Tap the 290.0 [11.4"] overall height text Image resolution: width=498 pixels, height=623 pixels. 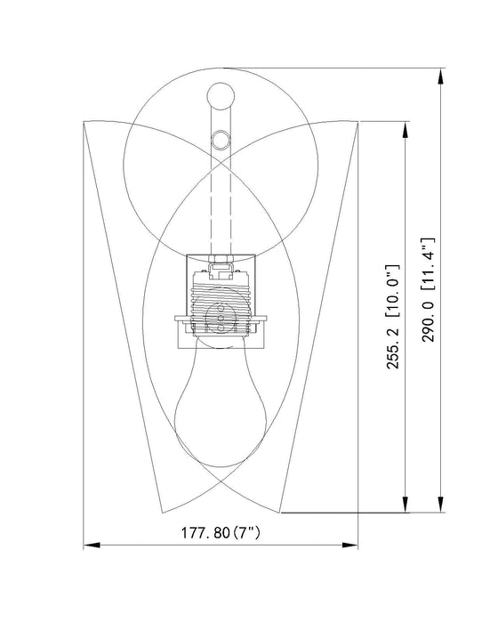tap(429, 290)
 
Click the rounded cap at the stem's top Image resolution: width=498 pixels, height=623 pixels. tap(220, 94)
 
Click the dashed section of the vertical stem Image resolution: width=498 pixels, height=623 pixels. tap(220, 205)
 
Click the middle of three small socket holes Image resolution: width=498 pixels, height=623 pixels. tap(220, 319)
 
